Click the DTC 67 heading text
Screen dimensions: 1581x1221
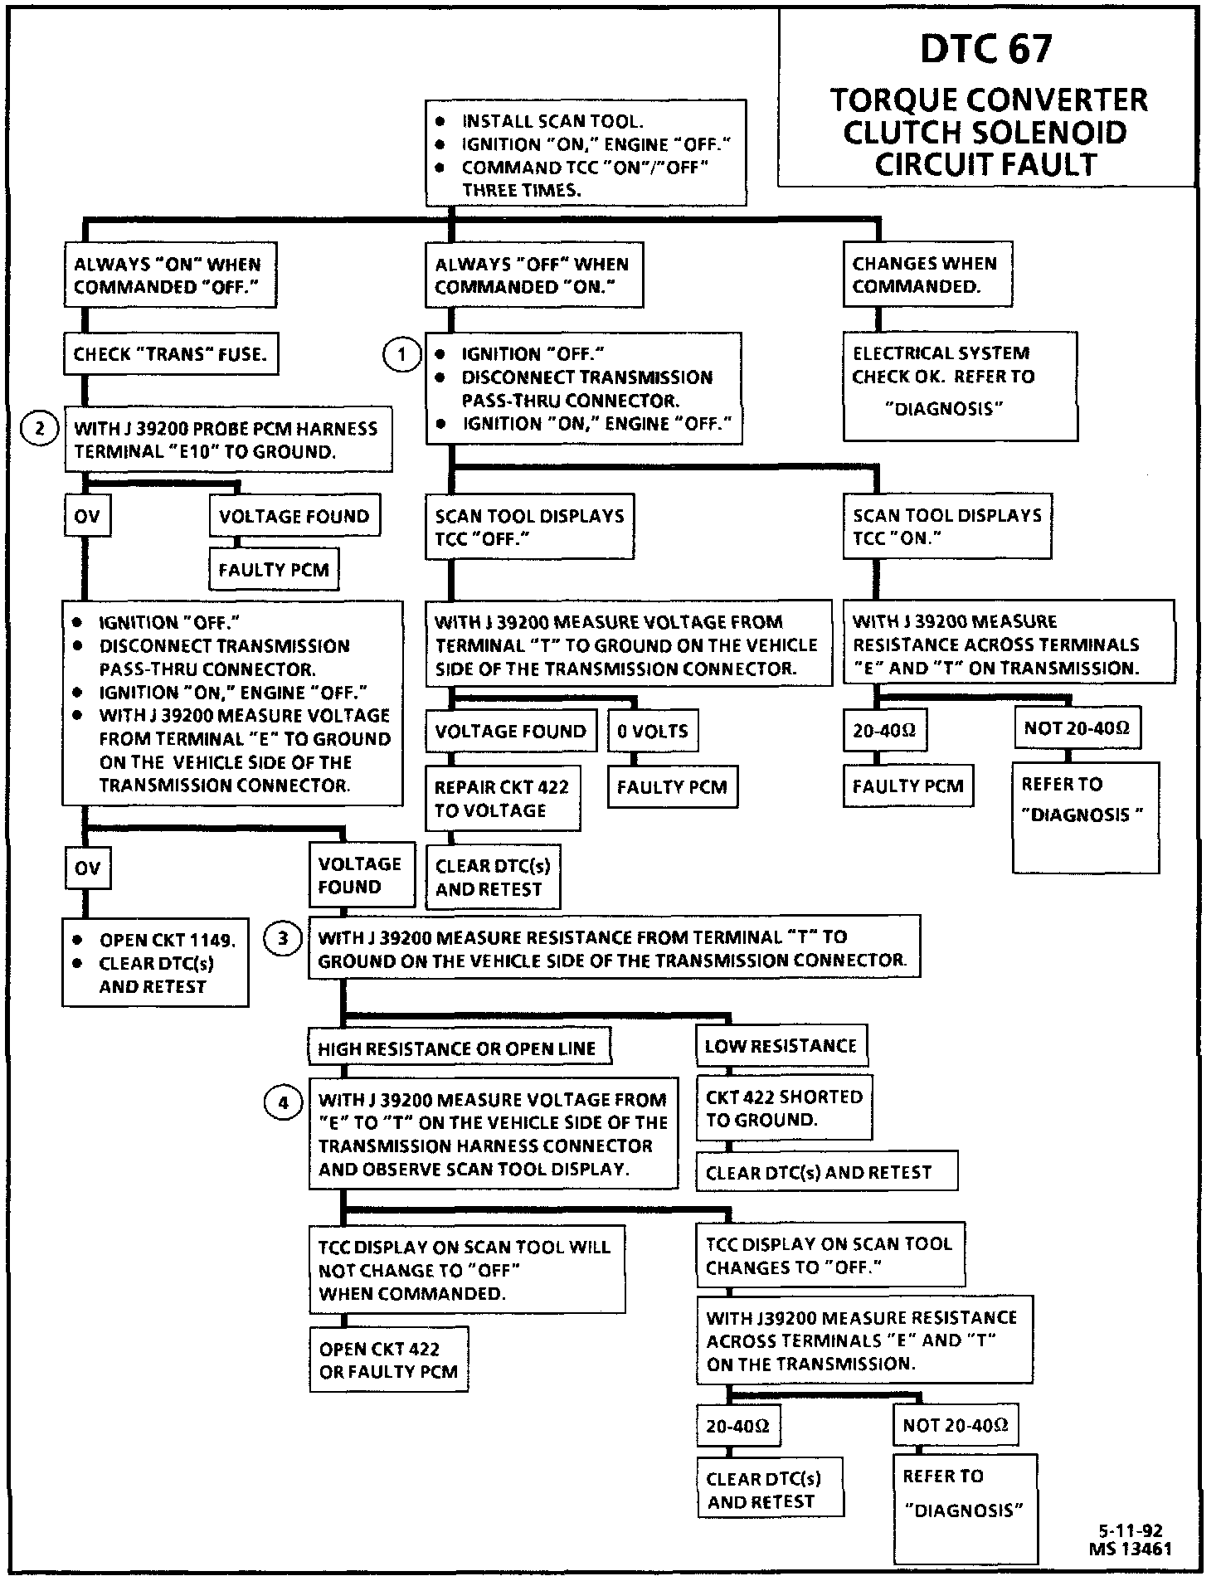click(x=986, y=49)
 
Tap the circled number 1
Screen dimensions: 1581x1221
click(x=401, y=356)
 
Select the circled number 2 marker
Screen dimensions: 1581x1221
click(x=39, y=429)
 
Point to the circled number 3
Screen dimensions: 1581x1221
click(x=283, y=939)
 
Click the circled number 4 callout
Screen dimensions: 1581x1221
click(x=283, y=1102)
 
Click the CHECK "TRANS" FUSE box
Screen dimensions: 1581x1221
click(x=170, y=354)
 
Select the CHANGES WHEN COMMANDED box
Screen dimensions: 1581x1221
click(x=927, y=275)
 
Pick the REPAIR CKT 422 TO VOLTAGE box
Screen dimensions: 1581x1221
click(x=503, y=798)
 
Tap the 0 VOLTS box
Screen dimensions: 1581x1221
click(x=652, y=731)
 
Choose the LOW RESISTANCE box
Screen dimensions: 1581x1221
click(x=781, y=1046)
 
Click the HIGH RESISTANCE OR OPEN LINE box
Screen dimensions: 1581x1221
click(x=458, y=1048)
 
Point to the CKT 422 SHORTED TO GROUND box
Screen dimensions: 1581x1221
click(x=784, y=1108)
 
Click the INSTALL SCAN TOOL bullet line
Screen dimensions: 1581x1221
click(x=552, y=122)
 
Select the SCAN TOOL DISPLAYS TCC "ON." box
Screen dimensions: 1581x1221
click(x=946, y=526)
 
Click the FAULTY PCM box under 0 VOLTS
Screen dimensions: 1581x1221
click(x=672, y=786)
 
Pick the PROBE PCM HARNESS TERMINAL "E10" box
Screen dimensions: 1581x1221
click(x=226, y=440)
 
